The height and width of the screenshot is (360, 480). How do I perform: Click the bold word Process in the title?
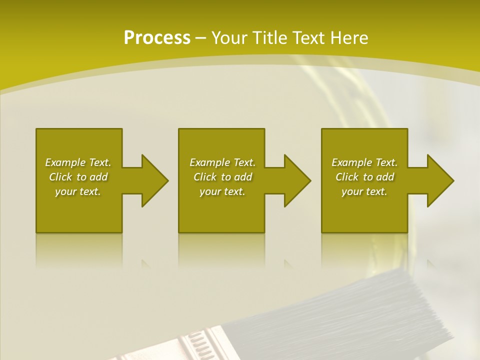pos(157,38)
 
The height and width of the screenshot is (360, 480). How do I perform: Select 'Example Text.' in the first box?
pos(78,162)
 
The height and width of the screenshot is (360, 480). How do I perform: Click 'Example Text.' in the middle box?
pos(222,162)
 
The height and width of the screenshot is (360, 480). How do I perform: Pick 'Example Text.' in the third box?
pos(364,162)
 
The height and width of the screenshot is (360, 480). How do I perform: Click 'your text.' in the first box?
pos(78,191)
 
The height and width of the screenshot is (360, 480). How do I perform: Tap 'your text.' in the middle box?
pos(222,191)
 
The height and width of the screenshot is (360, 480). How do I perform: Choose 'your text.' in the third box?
pos(364,191)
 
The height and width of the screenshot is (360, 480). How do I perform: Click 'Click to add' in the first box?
pos(78,177)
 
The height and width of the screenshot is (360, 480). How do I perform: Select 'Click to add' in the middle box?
pos(222,177)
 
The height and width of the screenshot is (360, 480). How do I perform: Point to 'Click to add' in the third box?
pos(364,177)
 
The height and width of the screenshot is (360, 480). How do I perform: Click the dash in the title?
pos(201,38)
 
